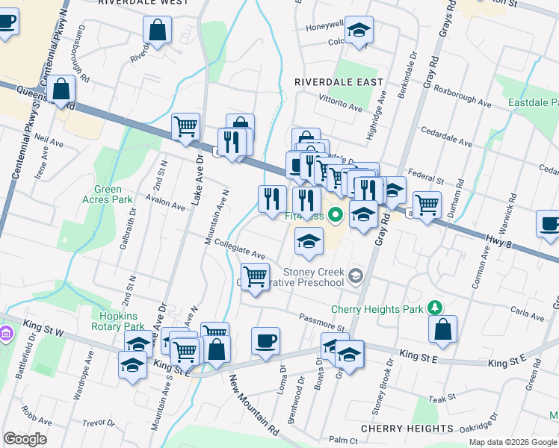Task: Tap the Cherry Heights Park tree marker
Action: click(433, 308)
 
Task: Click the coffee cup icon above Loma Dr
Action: click(265, 342)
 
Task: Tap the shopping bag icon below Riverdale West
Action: click(158, 31)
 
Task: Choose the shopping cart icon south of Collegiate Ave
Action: click(256, 277)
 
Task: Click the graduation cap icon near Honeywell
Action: click(359, 31)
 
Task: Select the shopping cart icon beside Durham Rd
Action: click(427, 203)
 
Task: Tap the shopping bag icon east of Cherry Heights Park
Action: click(443, 329)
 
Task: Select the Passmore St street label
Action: click(321, 322)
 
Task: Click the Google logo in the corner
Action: click(25, 439)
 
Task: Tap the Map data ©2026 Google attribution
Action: click(513, 442)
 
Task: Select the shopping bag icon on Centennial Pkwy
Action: click(62, 90)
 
